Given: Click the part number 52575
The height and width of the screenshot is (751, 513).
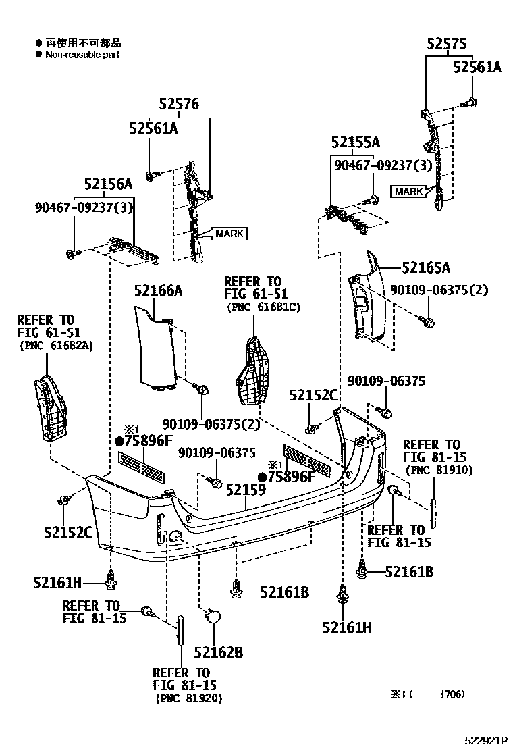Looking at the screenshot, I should (x=446, y=44).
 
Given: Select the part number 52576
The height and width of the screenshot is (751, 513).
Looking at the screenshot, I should (x=180, y=105).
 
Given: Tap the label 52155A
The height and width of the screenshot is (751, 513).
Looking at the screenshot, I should (x=355, y=143).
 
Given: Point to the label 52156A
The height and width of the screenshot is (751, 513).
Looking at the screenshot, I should (x=108, y=184).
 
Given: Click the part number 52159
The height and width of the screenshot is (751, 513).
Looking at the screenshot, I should (x=245, y=489).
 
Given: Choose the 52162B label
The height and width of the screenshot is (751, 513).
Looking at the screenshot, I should (x=218, y=652).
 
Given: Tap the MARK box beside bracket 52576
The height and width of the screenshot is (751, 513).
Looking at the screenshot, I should (x=230, y=234).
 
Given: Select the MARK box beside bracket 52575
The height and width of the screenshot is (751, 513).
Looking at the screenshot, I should (x=408, y=192).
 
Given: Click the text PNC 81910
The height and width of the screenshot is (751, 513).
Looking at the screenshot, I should (x=439, y=470).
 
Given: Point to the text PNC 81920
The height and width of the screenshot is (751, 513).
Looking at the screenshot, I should (x=188, y=698).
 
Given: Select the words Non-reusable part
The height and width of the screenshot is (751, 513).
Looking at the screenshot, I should (x=82, y=55).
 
